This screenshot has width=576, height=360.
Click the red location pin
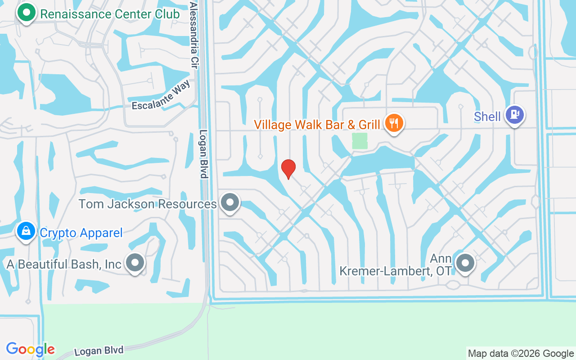288,169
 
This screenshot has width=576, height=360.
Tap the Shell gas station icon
515,115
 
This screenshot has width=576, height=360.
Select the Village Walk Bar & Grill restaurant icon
394,123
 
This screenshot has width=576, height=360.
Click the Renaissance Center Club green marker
27,13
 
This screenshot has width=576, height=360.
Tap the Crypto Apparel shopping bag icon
26,232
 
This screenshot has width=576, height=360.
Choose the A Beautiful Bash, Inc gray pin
135,263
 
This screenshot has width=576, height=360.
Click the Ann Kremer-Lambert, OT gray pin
465,263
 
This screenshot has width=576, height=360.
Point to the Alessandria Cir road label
194,29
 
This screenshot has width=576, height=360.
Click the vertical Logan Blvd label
203,154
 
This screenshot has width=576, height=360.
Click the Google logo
31,349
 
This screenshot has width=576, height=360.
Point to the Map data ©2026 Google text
521,354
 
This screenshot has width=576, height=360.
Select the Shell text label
487,117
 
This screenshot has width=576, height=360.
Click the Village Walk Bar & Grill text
317,125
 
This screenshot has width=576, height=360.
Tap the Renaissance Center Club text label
110,14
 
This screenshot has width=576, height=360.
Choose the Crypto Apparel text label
81,233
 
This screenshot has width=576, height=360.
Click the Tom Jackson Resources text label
148,204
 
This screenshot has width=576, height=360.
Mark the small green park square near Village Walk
359,140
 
